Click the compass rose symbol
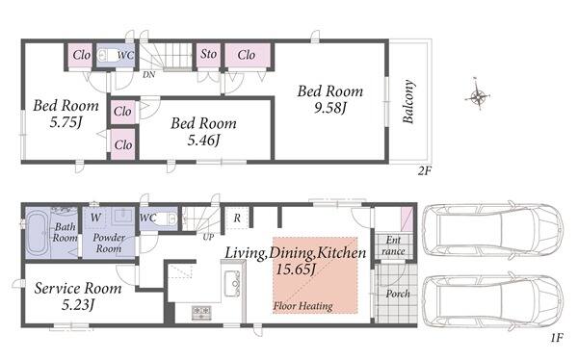[x=478, y=96]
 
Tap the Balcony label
[x=408, y=101]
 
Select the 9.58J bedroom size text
[x=330, y=108]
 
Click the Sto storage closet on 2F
[x=208, y=55]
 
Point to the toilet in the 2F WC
[x=106, y=56]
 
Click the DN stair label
[x=148, y=75]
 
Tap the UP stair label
[x=208, y=237]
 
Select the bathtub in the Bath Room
[x=37, y=232]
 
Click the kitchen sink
[x=232, y=283]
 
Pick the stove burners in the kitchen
[x=201, y=313]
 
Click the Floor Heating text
[x=303, y=306]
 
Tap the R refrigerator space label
[x=237, y=219]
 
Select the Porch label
[x=398, y=294]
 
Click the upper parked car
[x=492, y=230]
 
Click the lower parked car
[x=492, y=301]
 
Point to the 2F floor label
[x=424, y=171]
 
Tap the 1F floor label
[x=557, y=338]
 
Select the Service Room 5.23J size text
[x=78, y=305]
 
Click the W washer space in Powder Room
[x=95, y=218]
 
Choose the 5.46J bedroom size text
[x=203, y=141]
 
